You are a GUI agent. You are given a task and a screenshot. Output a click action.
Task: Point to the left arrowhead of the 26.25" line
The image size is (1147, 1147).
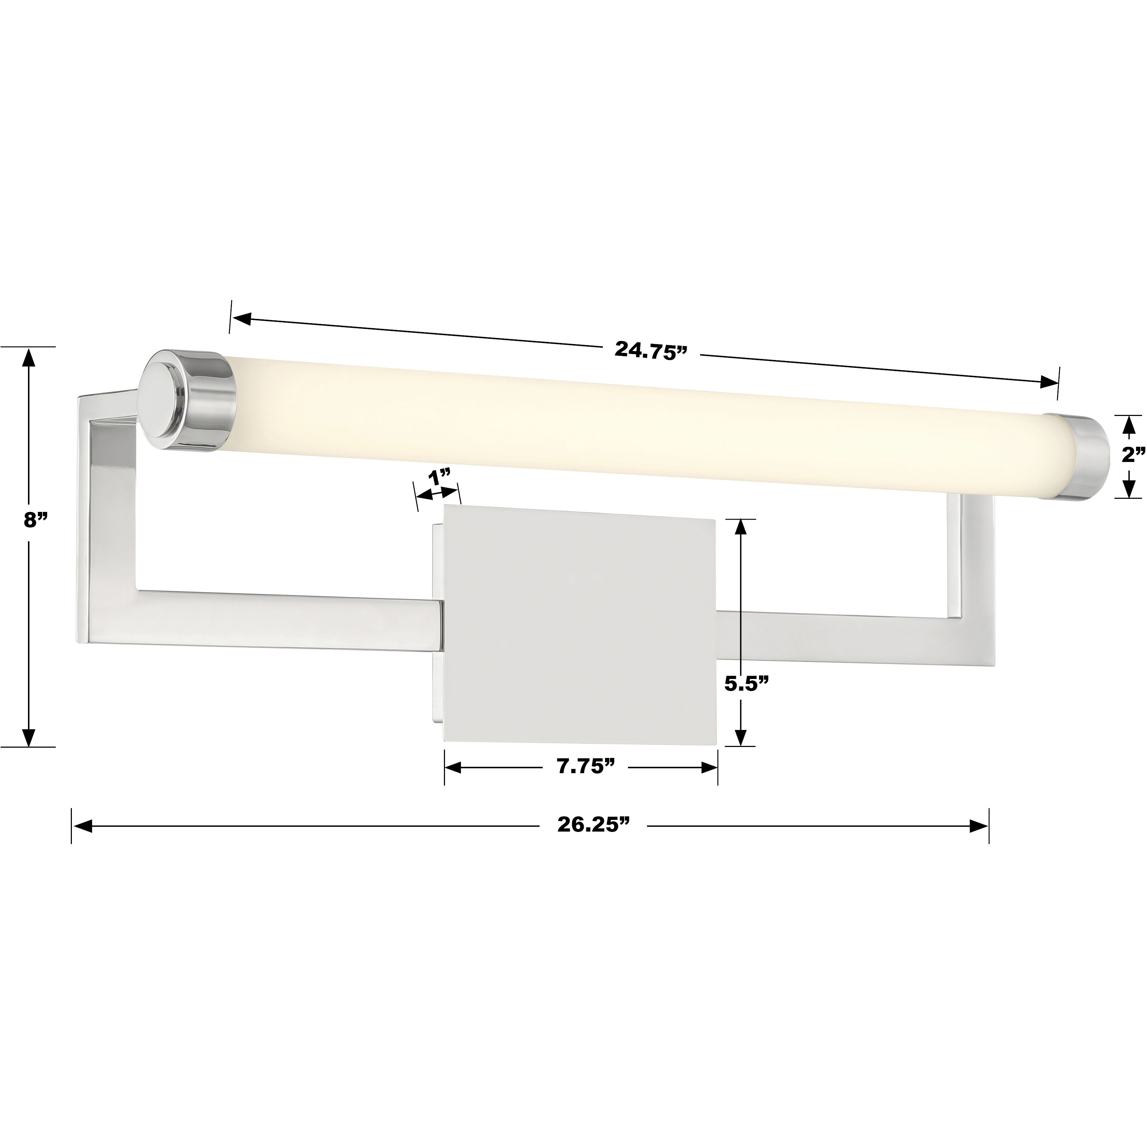tap(82, 826)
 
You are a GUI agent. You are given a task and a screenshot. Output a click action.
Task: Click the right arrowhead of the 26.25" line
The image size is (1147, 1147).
tap(978, 826)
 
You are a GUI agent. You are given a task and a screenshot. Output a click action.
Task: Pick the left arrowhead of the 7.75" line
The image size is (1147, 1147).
tap(453, 767)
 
